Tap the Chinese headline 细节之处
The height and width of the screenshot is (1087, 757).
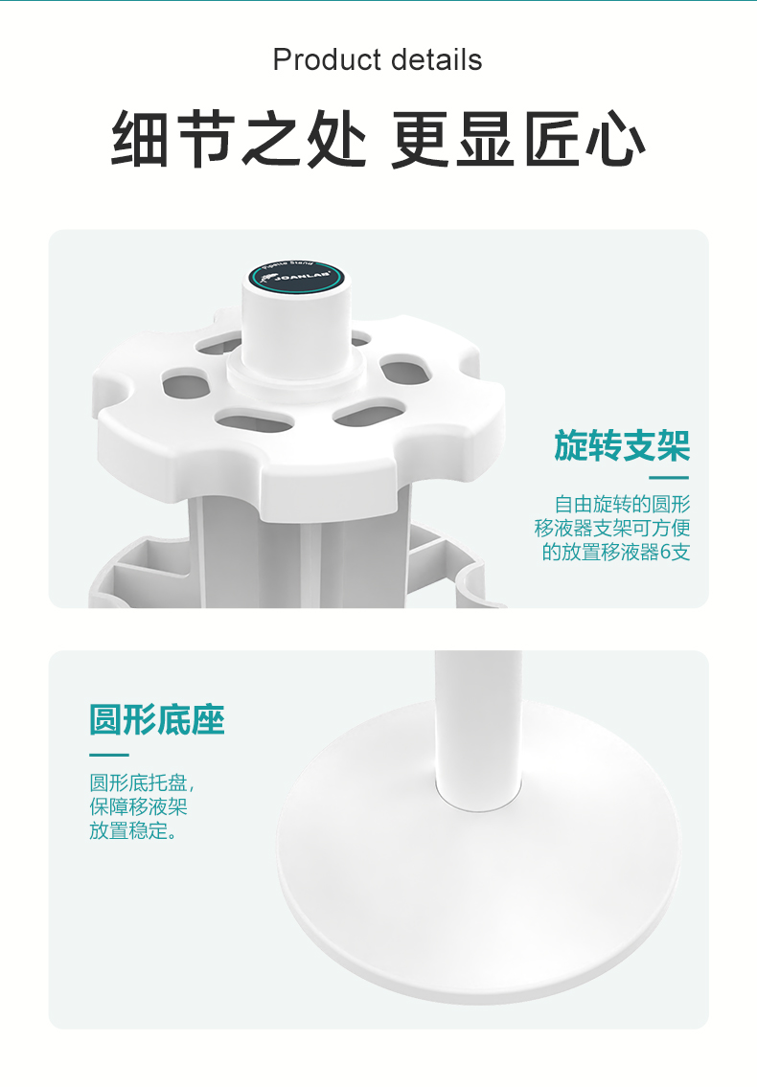tap(240, 140)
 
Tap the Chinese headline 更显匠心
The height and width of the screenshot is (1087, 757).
tap(517, 140)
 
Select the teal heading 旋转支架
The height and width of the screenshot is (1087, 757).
tap(622, 445)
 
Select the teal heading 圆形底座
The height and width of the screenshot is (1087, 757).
tap(157, 719)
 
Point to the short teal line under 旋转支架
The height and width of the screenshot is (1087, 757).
tap(669, 477)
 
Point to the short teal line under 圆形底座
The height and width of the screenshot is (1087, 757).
tap(108, 755)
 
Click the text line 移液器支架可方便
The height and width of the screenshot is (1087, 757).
tap(612, 528)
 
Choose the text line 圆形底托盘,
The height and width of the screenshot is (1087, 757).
tap(143, 782)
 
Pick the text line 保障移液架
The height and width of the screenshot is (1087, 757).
tap(138, 806)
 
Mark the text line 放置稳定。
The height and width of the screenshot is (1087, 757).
tap(133, 830)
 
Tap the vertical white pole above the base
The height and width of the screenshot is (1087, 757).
tap(477, 709)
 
